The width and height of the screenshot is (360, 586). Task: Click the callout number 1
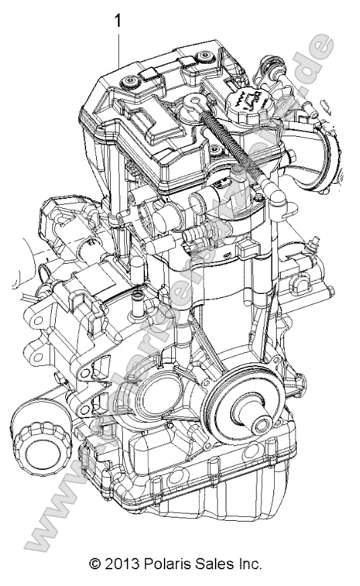(119, 21)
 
